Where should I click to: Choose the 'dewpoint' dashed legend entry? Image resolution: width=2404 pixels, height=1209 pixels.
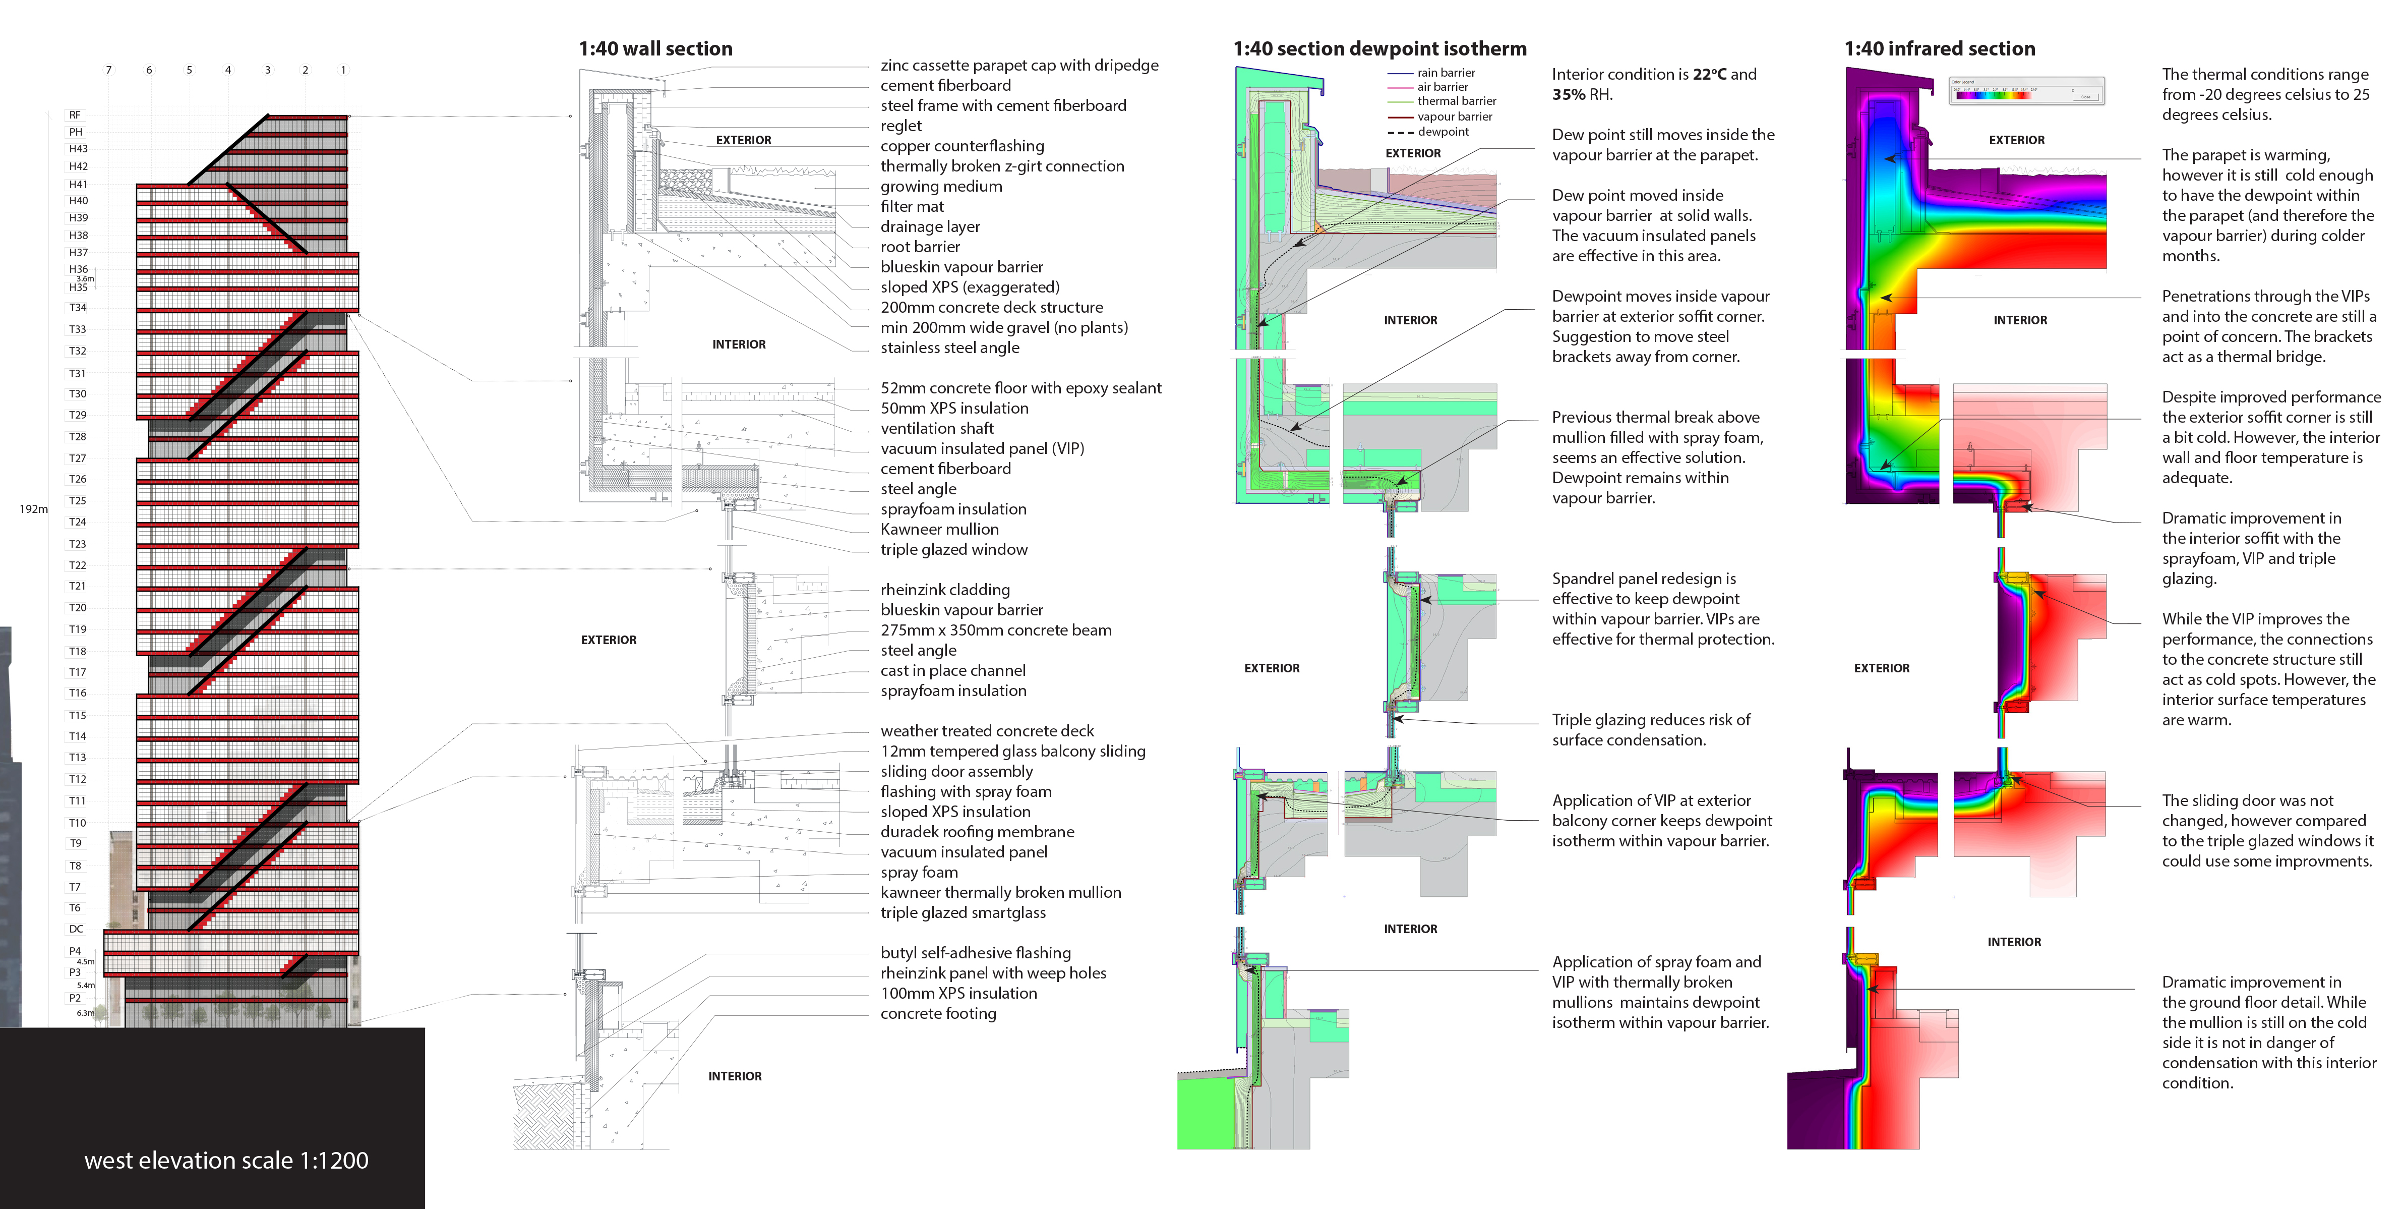tap(1443, 132)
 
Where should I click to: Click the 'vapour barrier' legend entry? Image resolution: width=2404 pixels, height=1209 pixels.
tap(1454, 117)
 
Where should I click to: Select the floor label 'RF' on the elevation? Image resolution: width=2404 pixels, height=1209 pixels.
tap(75, 115)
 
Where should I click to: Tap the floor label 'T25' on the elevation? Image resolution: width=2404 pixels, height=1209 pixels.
tap(78, 500)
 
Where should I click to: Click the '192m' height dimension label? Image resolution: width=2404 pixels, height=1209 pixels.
tap(34, 509)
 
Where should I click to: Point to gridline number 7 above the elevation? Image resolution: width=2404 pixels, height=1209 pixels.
tap(108, 70)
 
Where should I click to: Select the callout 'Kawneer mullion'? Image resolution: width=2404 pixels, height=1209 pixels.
tap(939, 529)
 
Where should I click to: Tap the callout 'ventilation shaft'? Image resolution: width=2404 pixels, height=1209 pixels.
tap(937, 429)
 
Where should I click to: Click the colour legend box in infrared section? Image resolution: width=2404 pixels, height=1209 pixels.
tap(2026, 91)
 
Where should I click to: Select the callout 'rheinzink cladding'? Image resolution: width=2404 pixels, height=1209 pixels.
tap(944, 590)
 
